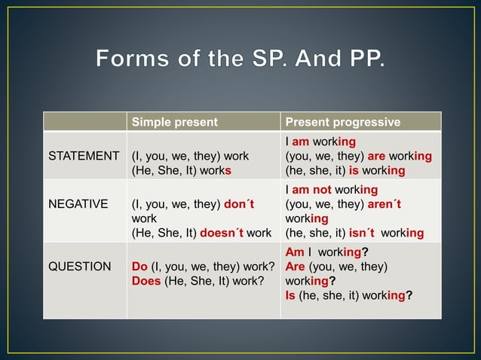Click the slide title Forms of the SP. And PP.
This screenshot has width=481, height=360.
[x=240, y=58]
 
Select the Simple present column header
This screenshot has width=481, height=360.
[x=174, y=122]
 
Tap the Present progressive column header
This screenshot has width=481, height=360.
[x=342, y=122]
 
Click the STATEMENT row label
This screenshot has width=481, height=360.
[x=84, y=156]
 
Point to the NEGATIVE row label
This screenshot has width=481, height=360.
[x=78, y=203]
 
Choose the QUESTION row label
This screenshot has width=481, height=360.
[x=79, y=267]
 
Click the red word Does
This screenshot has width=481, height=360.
[x=146, y=281]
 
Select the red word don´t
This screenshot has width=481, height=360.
[x=240, y=203]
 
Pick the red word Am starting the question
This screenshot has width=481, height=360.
[x=294, y=252]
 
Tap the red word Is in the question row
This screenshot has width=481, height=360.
[x=290, y=295]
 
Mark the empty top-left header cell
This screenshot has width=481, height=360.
[x=84, y=122]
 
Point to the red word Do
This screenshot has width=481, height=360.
[x=139, y=267]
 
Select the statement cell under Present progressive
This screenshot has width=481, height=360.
[x=359, y=156]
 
